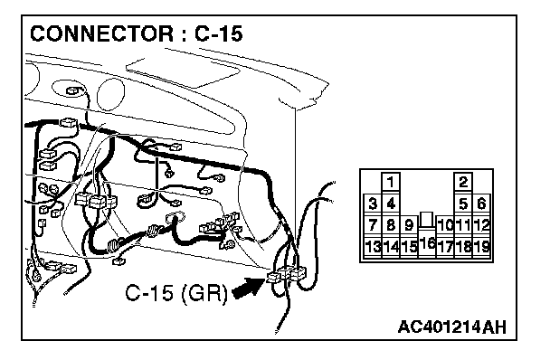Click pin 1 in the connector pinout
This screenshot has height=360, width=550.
click(391, 182)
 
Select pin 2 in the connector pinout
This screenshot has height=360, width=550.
click(463, 182)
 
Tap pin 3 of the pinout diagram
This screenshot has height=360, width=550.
click(373, 204)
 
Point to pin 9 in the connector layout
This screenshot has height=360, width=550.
click(409, 224)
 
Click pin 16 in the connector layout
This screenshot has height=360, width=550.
click(427, 242)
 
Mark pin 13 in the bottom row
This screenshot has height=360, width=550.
click(373, 246)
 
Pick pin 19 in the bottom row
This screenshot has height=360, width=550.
click(481, 246)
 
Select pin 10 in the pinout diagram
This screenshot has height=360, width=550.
click(445, 224)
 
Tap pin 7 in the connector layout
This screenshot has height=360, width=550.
click(373, 224)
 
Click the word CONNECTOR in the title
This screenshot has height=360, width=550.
click(101, 33)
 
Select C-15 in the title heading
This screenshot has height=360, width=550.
click(218, 33)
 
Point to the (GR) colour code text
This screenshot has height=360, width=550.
click(204, 292)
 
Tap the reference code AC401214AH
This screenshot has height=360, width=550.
click(452, 327)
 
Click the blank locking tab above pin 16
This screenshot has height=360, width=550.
click(427, 219)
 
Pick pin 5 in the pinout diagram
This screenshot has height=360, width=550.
click(463, 204)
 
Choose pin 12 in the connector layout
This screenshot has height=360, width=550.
click(481, 224)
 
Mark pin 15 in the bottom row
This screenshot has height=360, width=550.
click(409, 246)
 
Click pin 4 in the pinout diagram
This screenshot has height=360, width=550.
click(391, 204)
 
